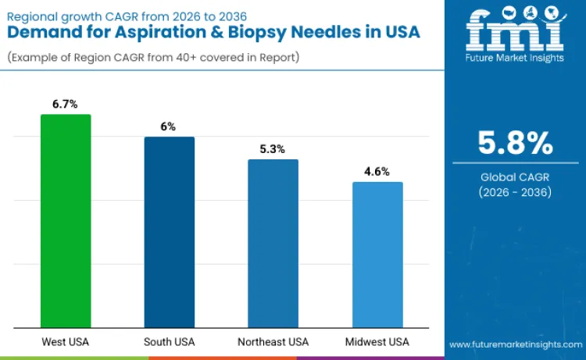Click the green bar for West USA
[66, 221]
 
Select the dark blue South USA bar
[169, 232]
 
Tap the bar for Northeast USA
[273, 243]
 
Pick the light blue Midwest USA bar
[377, 255]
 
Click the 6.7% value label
[66, 104]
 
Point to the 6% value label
[169, 126]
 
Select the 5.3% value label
[273, 148]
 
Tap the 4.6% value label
[377, 171]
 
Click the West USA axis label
[66, 342]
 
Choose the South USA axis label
[169, 342]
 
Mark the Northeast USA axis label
[273, 342]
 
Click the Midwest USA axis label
[377, 342]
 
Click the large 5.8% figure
[515, 144]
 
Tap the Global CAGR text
[515, 177]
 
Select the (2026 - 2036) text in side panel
[515, 192]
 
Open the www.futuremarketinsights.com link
[515, 344]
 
